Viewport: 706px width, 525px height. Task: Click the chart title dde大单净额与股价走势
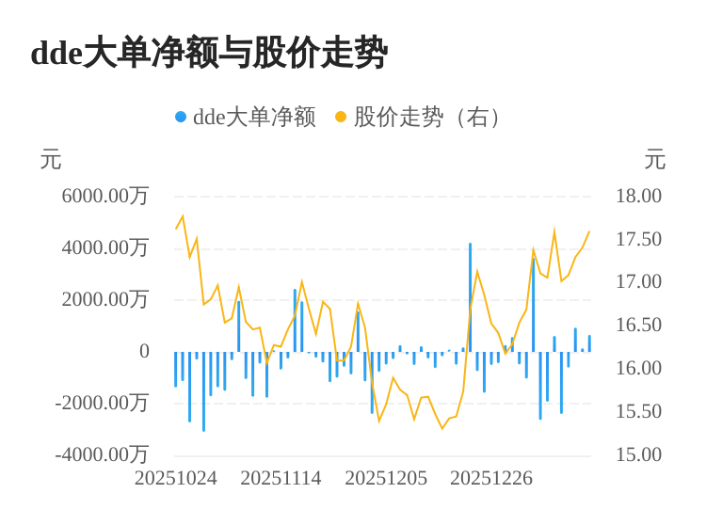coord(209,53)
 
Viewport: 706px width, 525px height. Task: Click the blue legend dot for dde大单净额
coord(181,117)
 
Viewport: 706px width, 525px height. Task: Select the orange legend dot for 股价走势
coord(341,117)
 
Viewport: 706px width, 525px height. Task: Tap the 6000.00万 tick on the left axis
coord(105,196)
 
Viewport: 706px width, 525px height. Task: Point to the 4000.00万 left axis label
coord(105,247)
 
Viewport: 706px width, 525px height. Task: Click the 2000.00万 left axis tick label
coord(105,299)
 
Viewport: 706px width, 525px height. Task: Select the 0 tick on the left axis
coord(144,351)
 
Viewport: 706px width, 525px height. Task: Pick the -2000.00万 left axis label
coord(102,403)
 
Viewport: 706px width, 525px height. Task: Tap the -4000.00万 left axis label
coord(102,454)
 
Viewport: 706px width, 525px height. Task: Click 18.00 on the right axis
coord(638,196)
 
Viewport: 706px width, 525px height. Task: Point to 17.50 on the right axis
coord(638,239)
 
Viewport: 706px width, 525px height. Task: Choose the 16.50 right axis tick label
coord(638,325)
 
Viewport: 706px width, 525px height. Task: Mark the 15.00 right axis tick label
coord(638,454)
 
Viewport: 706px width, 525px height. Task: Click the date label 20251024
coord(176,478)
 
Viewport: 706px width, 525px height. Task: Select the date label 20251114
coord(281,478)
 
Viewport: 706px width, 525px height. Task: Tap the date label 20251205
coord(386,478)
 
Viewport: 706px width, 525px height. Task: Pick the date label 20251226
coord(491,478)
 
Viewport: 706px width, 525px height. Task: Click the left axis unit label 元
coord(51,160)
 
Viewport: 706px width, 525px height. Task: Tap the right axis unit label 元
coord(655,160)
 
